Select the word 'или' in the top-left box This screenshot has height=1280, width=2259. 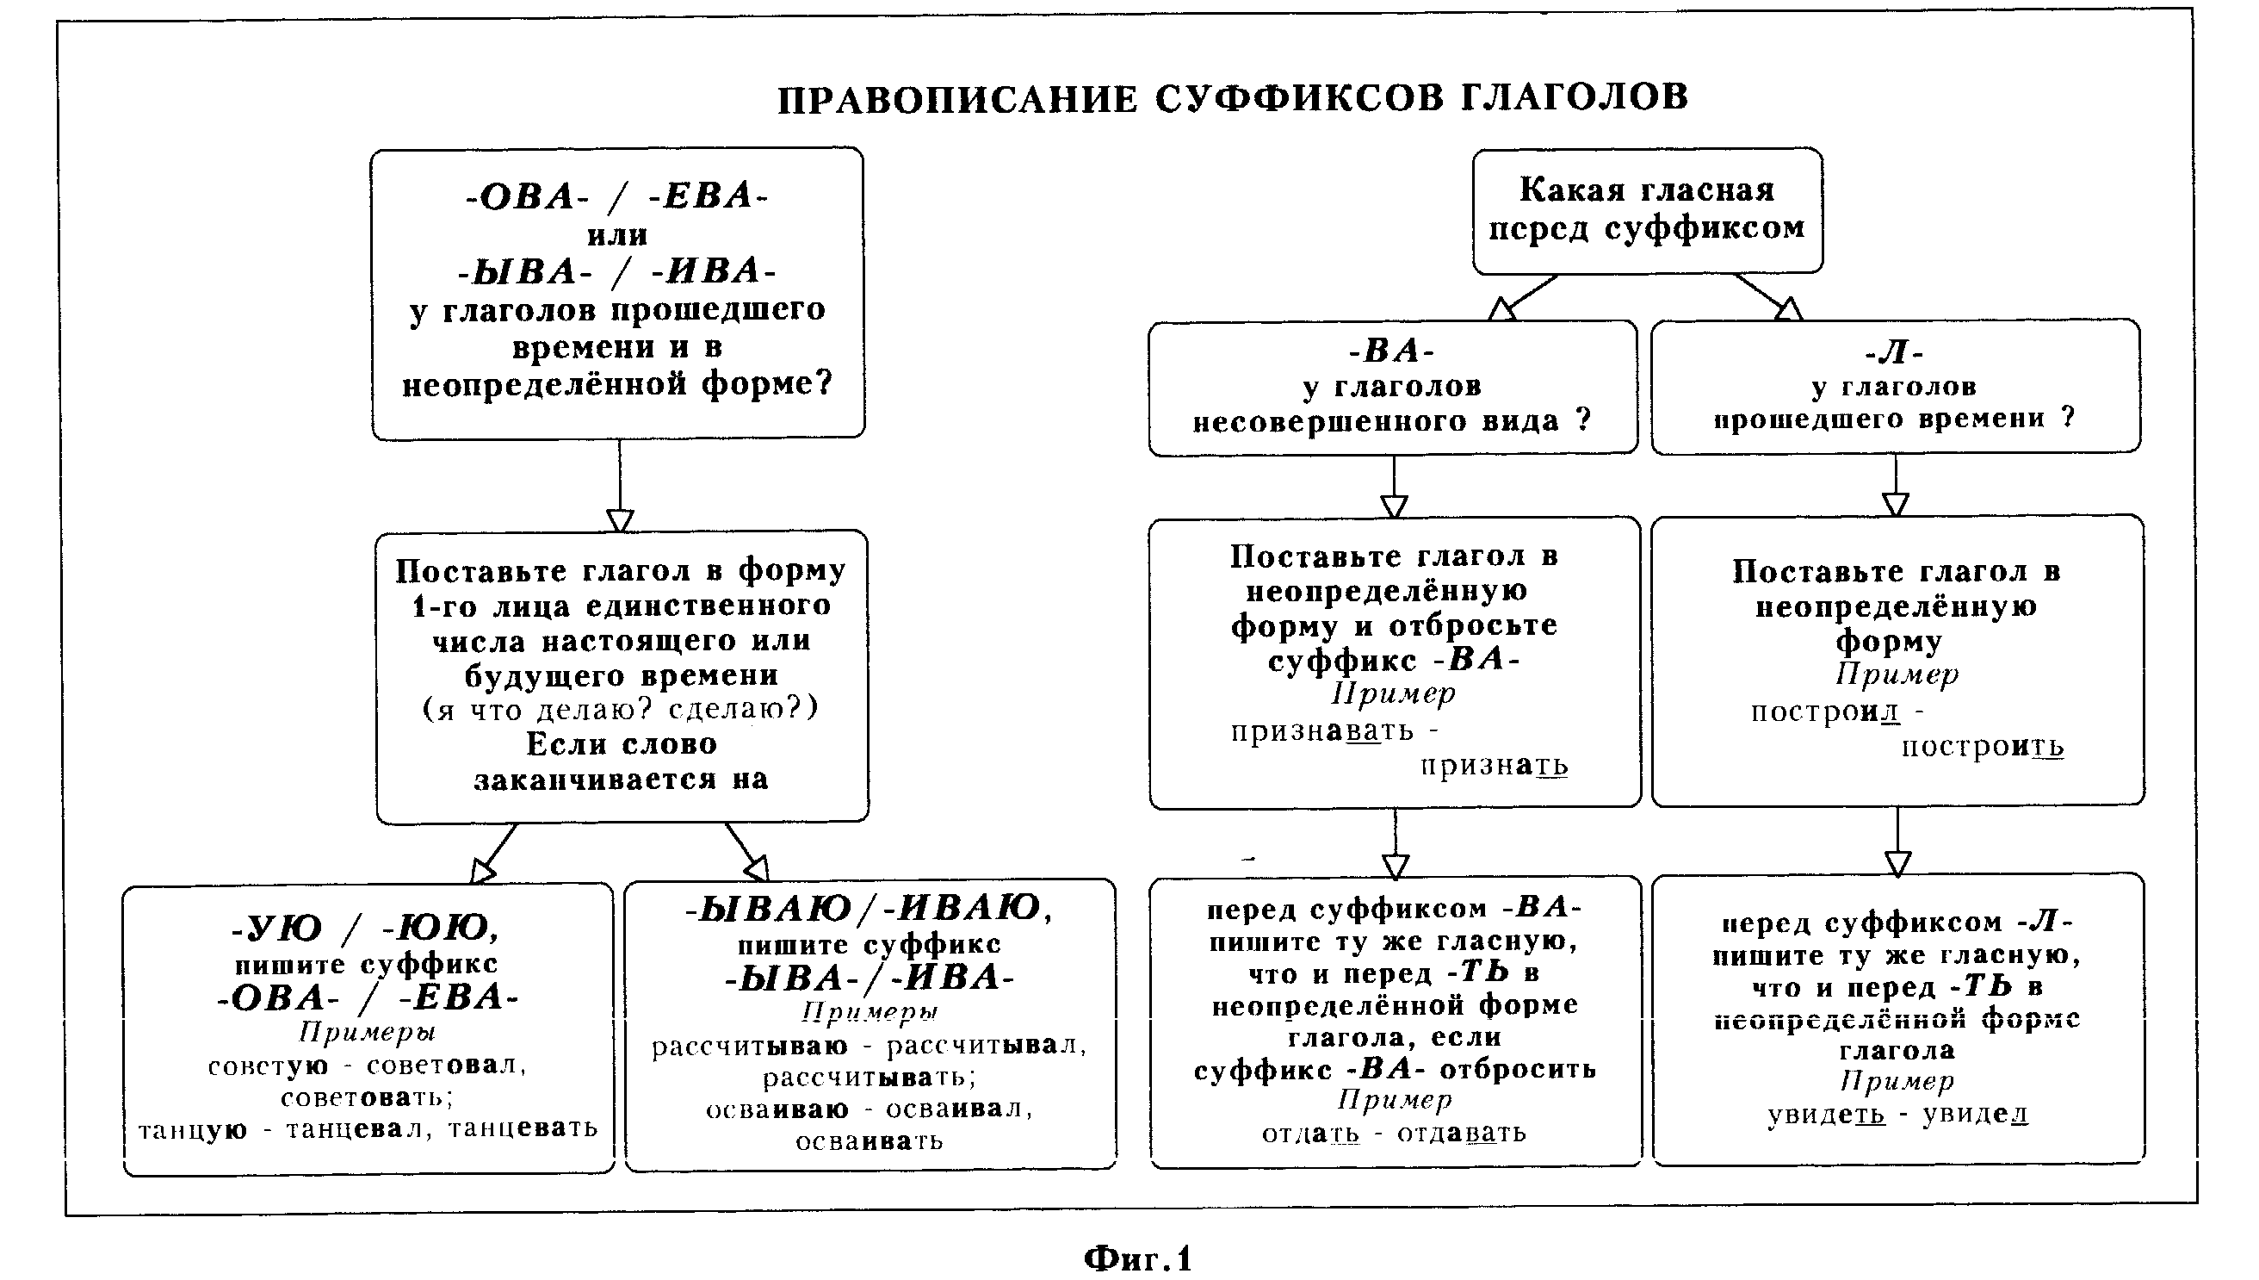(x=617, y=236)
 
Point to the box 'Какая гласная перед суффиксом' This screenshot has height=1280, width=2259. (x=1648, y=211)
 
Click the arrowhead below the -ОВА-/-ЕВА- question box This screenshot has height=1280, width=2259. (x=621, y=520)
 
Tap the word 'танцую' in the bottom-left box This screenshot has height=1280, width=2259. (x=193, y=1129)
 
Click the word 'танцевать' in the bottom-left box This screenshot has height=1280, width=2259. (x=523, y=1128)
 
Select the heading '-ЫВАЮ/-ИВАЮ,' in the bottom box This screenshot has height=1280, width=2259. (x=868, y=908)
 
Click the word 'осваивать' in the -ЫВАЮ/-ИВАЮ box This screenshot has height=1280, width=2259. (x=869, y=1141)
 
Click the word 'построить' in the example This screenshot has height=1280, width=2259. (x=1983, y=748)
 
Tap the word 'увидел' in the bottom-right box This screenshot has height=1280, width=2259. (x=1975, y=1115)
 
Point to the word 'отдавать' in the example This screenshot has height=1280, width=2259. (x=1461, y=1133)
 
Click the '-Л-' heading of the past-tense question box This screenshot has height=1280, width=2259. (x=1895, y=352)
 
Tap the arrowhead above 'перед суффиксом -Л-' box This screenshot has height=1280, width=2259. (x=1898, y=862)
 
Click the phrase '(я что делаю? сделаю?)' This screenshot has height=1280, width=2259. (x=621, y=710)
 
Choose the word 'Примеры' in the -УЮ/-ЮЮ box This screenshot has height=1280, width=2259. (x=368, y=1031)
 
